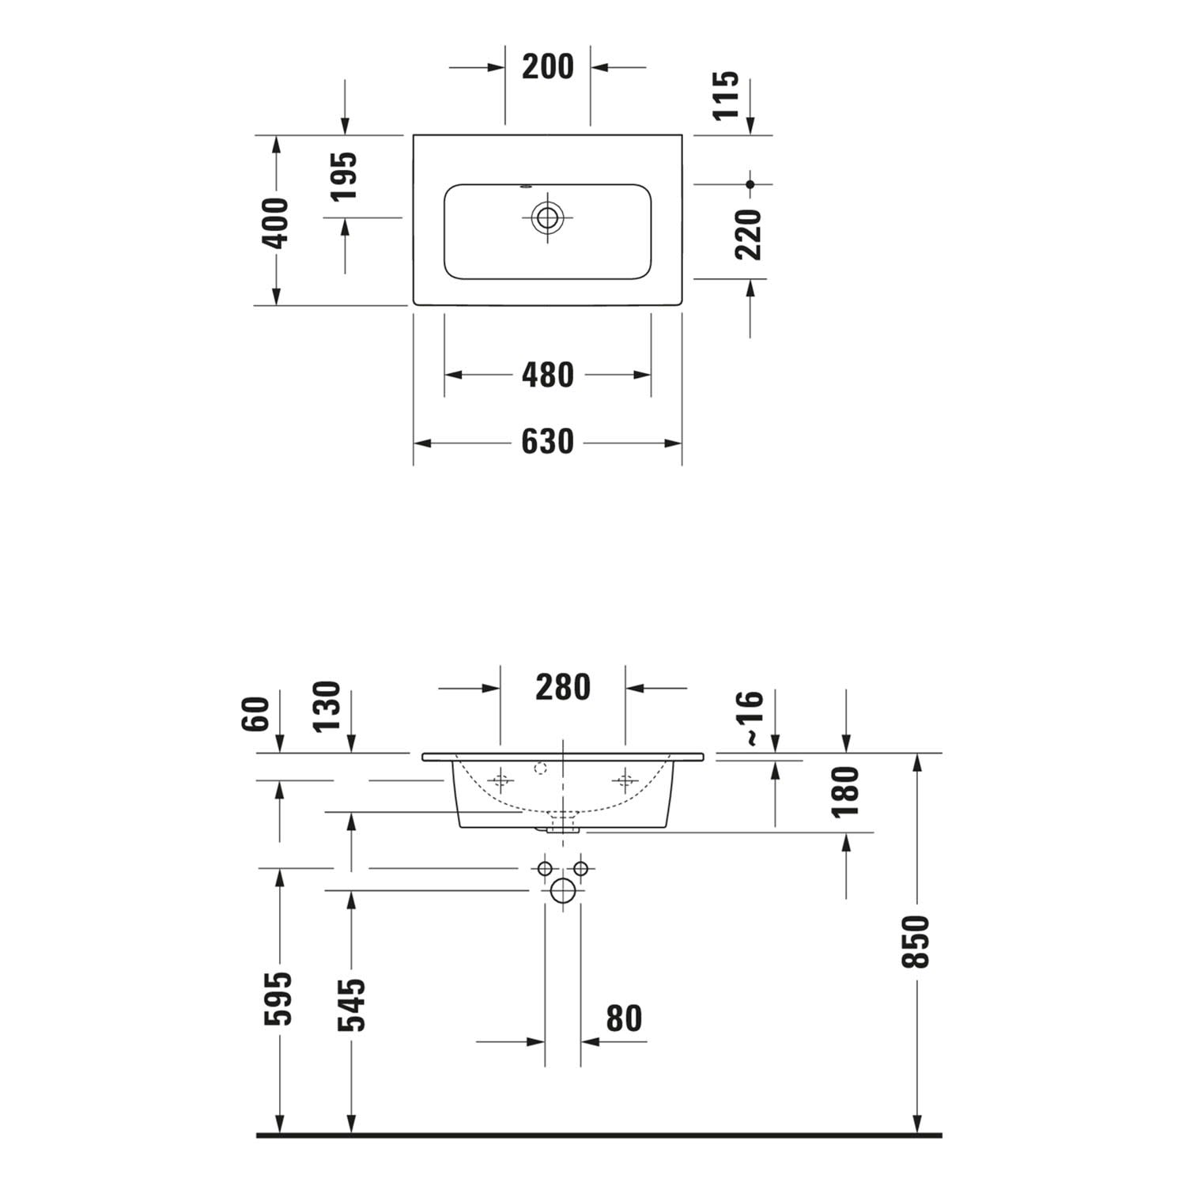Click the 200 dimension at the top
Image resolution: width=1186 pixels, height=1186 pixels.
(548, 66)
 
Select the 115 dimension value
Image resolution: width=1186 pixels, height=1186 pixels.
(726, 95)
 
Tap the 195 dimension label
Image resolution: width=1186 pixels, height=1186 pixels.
(343, 176)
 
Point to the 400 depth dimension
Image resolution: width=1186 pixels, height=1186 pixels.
(276, 223)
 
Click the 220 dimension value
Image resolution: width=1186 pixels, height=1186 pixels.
(747, 234)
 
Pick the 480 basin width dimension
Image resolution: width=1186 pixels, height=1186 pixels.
(548, 375)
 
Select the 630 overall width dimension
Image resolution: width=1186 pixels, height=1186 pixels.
(548, 442)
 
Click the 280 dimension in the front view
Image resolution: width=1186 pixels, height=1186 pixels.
(563, 687)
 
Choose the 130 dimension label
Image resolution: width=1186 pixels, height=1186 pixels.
(327, 707)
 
